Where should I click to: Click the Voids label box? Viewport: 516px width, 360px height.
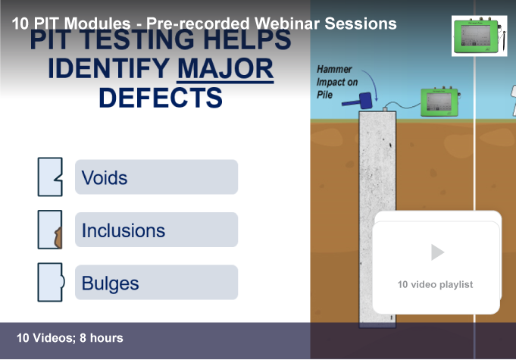pyautogui.click(x=156, y=177)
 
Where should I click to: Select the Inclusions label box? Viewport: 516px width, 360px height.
pyautogui.click(x=156, y=230)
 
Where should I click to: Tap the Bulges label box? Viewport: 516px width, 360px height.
pyautogui.click(x=156, y=283)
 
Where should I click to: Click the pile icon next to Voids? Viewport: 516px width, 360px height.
pyautogui.click(x=50, y=177)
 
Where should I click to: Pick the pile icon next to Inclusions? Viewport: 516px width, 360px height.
pyautogui.click(x=50, y=230)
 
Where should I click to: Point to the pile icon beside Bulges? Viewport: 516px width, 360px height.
pyautogui.click(x=51, y=283)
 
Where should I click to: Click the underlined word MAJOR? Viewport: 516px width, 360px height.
pyautogui.click(x=226, y=69)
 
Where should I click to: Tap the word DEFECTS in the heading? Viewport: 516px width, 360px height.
pyautogui.click(x=161, y=98)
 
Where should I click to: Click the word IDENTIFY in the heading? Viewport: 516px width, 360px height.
pyautogui.click(x=109, y=69)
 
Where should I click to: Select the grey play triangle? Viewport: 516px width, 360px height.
pyautogui.click(x=437, y=252)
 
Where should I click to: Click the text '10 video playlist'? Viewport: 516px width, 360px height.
pyautogui.click(x=435, y=284)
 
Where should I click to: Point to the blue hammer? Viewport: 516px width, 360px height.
pyautogui.click(x=358, y=102)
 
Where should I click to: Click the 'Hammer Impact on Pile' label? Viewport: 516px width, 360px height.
pyautogui.click(x=337, y=82)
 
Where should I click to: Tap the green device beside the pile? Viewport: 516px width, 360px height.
pyautogui.click(x=440, y=102)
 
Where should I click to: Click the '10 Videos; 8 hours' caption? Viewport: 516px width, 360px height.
pyautogui.click(x=70, y=338)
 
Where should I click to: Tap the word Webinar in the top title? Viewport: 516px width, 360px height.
pyautogui.click(x=287, y=23)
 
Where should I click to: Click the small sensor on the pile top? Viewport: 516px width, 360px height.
pyautogui.click(x=385, y=109)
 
